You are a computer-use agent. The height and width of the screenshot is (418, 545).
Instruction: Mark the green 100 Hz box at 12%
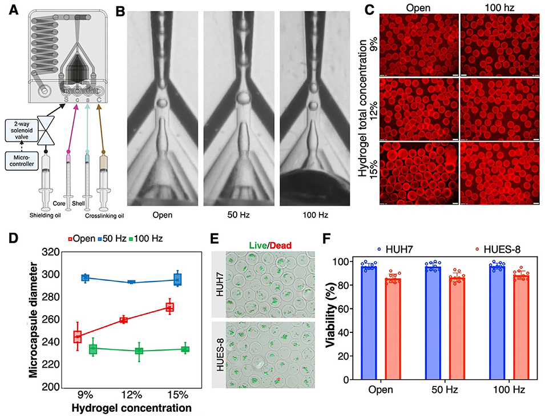pyautogui.click(x=139, y=351)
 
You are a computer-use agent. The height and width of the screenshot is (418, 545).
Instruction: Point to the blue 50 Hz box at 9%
pyautogui.click(x=85, y=278)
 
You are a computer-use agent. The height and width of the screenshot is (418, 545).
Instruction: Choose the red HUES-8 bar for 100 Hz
pyautogui.click(x=520, y=328)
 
